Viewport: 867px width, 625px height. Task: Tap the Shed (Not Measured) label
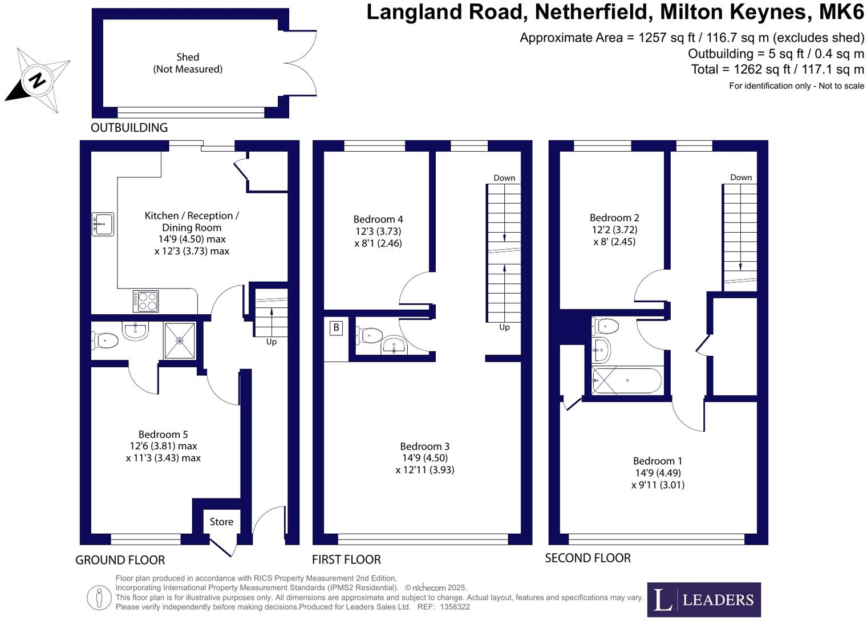pyautogui.click(x=188, y=63)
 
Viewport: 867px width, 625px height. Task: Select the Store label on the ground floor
pyautogui.click(x=221, y=522)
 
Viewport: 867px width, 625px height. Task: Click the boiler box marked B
pyautogui.click(x=336, y=327)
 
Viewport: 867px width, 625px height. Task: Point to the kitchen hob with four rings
pyautogui.click(x=145, y=301)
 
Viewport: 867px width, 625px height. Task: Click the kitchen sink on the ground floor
pyautogui.click(x=103, y=224)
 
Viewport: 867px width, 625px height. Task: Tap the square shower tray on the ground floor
pyautogui.click(x=180, y=340)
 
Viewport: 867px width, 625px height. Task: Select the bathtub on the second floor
pyautogui.click(x=627, y=381)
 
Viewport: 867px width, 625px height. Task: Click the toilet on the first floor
pyautogui.click(x=370, y=335)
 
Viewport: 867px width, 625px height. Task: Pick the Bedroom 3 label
pyautogui.click(x=424, y=447)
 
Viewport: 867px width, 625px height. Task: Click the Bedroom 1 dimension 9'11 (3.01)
pyautogui.click(x=658, y=485)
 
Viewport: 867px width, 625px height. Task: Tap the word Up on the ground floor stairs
pyautogui.click(x=272, y=342)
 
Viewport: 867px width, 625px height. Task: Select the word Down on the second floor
pyautogui.click(x=740, y=177)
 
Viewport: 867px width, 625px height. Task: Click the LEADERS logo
pyautogui.click(x=703, y=599)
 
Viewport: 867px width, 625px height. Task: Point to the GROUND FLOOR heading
pyautogui.click(x=120, y=560)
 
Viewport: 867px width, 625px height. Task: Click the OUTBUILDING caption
pyautogui.click(x=129, y=128)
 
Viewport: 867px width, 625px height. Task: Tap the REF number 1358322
pyautogui.click(x=455, y=607)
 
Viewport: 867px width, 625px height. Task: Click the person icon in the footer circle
pyautogui.click(x=99, y=598)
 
